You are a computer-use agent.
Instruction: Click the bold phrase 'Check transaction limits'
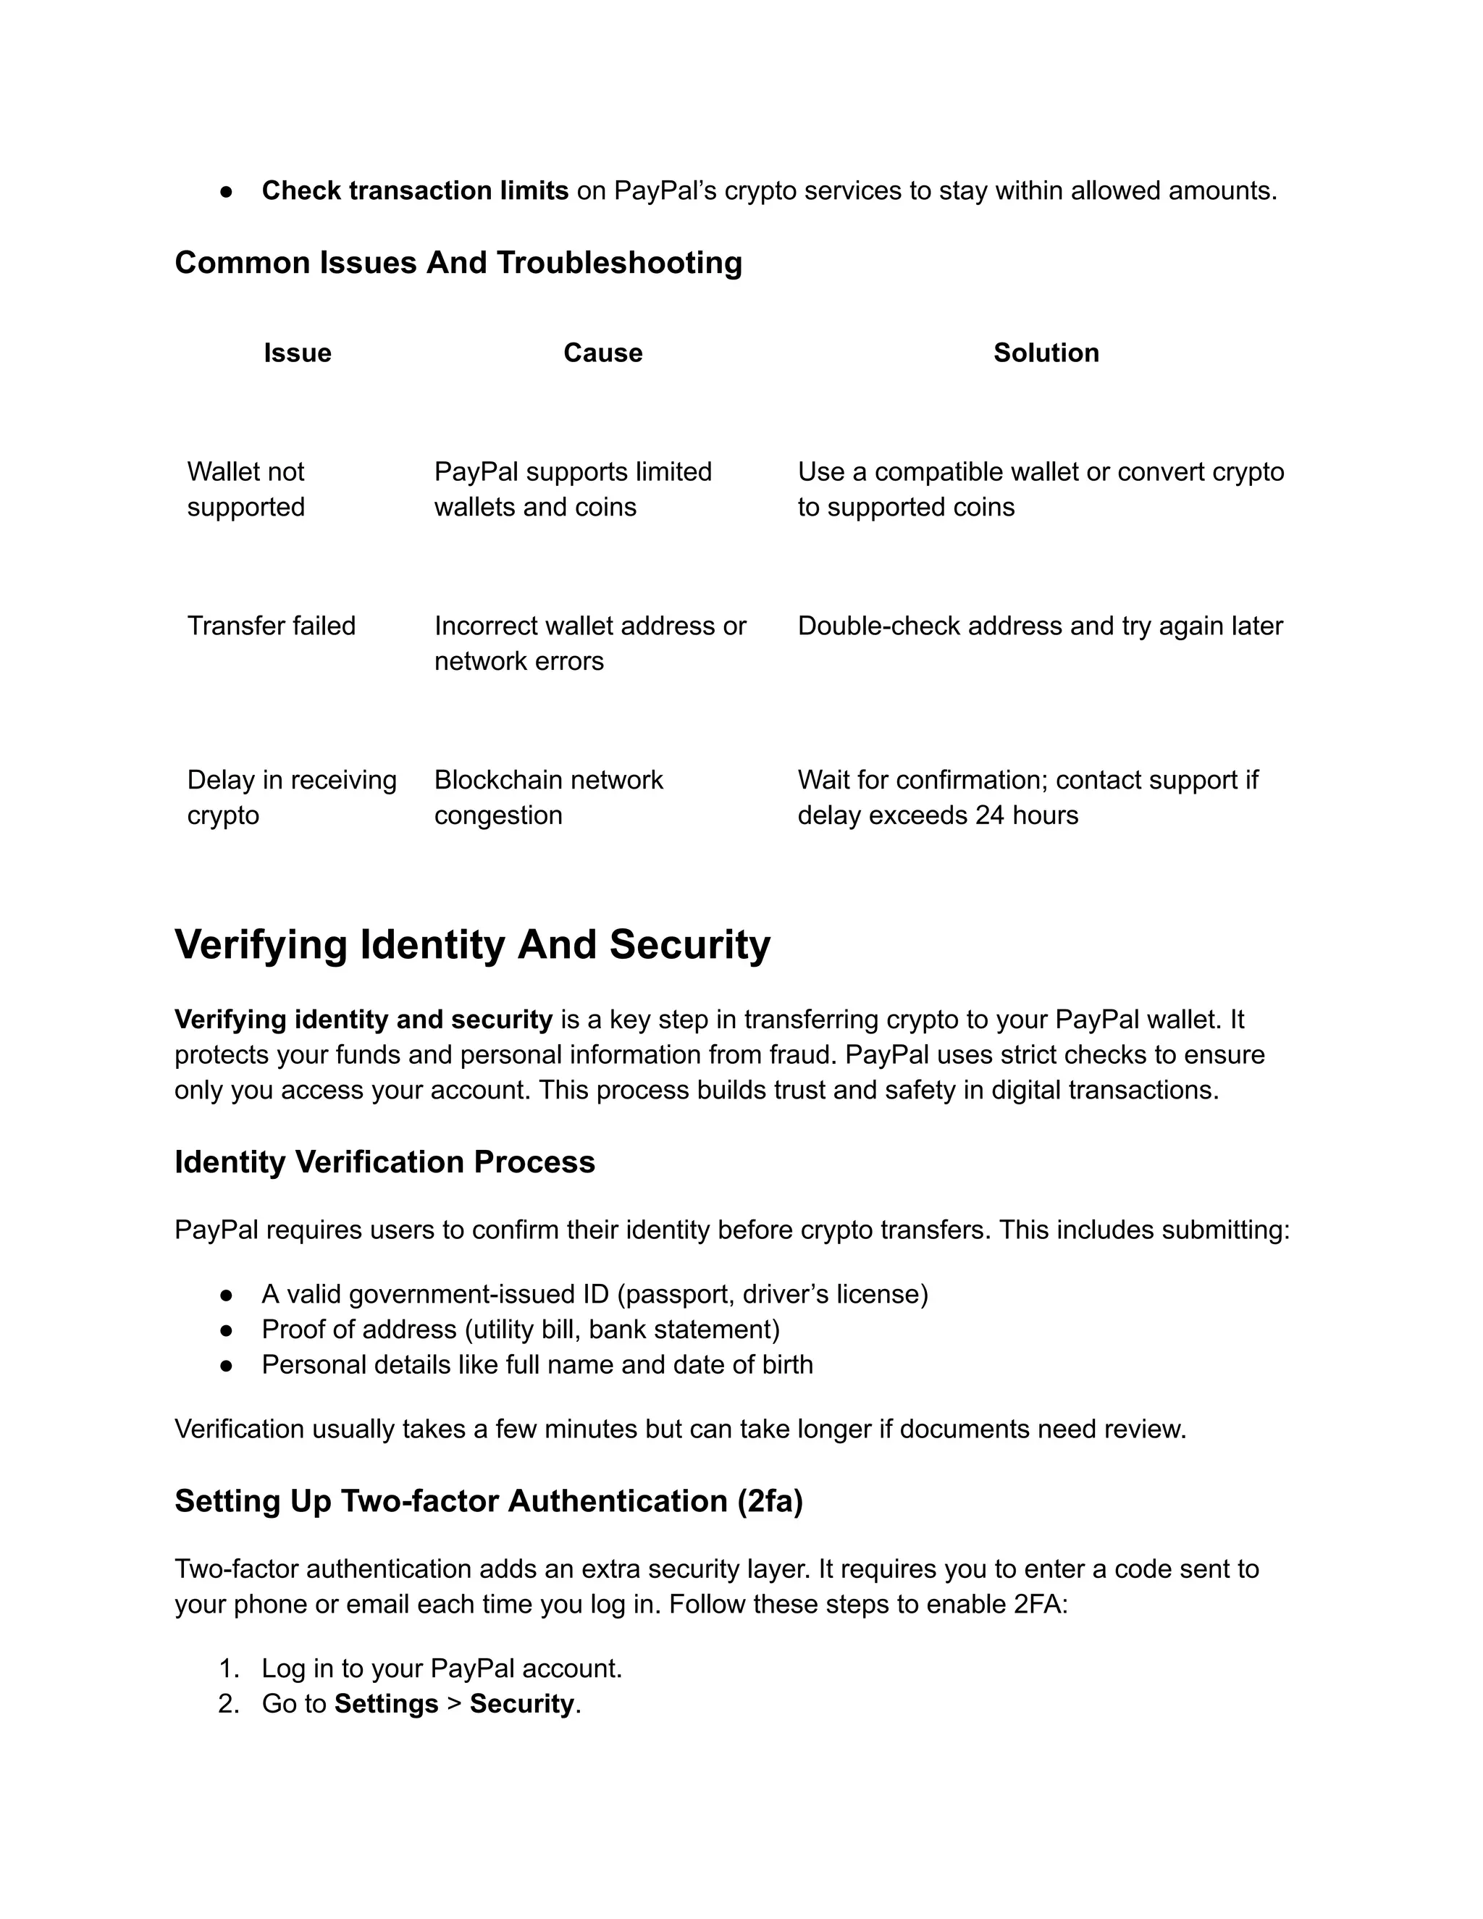(415, 190)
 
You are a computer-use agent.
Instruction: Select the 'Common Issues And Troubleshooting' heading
(458, 263)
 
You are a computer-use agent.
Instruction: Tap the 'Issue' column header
(297, 353)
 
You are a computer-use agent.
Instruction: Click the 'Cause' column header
(602, 353)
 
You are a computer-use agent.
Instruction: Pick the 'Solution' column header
(1046, 353)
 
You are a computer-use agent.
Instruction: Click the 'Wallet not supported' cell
(246, 490)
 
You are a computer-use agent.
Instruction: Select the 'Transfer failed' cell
(271, 626)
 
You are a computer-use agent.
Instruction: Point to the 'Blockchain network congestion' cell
(548, 797)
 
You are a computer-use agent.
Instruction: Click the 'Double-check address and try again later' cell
(1039, 626)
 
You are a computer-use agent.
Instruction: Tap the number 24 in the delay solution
(989, 815)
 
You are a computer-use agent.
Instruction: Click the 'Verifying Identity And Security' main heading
(472, 946)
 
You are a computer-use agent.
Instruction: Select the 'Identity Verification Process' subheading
(385, 1162)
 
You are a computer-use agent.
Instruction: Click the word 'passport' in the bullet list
(676, 1294)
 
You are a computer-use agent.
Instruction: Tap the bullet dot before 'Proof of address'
(227, 1330)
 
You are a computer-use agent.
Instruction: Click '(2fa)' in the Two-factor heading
(770, 1500)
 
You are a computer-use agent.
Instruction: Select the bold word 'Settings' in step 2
(386, 1704)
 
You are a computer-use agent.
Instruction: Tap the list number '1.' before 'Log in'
(228, 1668)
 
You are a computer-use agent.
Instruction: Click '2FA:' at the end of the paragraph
(1041, 1605)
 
